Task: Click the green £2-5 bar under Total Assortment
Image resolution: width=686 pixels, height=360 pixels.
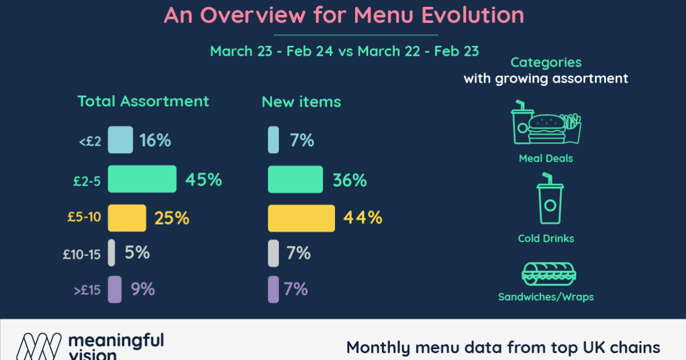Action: point(142,179)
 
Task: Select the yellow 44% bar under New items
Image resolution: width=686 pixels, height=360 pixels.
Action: point(301,218)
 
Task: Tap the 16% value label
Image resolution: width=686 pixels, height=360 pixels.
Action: point(155,140)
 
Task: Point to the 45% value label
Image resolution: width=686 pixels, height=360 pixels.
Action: point(203,180)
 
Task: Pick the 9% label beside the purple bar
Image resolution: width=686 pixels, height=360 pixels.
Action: point(143,289)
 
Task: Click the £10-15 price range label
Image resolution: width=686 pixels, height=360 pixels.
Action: point(82,254)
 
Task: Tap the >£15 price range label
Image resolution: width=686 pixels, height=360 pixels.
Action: point(87,290)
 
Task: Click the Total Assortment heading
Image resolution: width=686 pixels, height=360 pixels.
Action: point(143,102)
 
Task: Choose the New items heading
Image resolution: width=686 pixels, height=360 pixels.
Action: point(301,102)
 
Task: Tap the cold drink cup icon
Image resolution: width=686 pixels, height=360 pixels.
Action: point(549,203)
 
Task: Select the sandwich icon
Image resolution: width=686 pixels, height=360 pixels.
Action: point(545,274)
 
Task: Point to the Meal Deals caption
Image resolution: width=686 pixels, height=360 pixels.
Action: point(545,158)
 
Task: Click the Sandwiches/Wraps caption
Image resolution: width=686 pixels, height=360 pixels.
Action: point(545,297)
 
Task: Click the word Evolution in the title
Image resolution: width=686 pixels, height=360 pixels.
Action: point(472,15)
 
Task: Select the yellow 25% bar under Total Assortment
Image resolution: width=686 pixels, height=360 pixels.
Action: point(127,217)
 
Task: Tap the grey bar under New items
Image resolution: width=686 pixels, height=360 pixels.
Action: point(273,253)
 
